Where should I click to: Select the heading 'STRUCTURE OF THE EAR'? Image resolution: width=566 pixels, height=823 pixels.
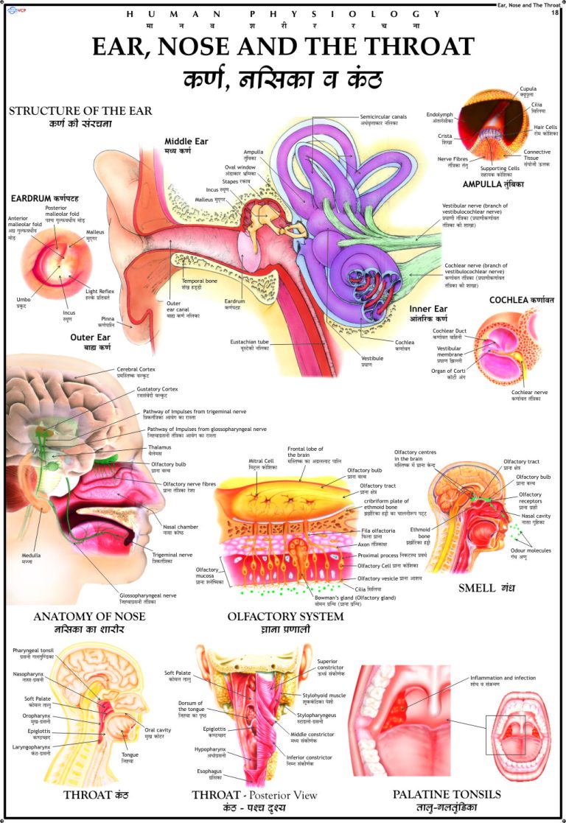[80, 111]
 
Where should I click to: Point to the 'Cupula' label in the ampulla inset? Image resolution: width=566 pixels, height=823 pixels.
[528, 88]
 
